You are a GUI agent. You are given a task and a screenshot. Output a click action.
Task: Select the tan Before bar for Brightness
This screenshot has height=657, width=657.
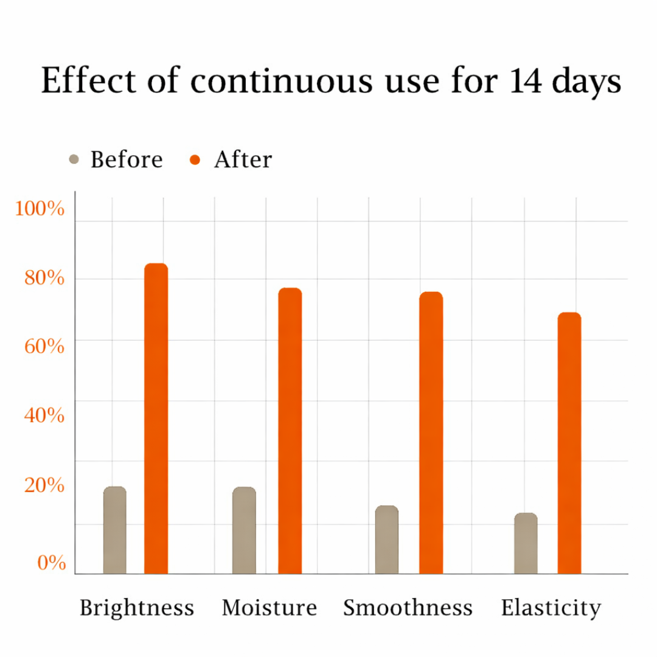pos(114,530)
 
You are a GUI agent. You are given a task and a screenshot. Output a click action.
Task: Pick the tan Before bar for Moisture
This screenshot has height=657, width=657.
pos(244,530)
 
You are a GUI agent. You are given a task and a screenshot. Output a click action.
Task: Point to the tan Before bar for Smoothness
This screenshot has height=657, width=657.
pos(386,540)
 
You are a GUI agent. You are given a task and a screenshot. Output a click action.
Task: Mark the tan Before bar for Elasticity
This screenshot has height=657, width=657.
pos(526,543)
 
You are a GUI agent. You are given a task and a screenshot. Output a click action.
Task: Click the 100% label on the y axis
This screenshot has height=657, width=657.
pos(40,209)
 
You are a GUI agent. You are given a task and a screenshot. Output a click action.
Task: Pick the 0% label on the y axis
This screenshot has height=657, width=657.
pos(51,563)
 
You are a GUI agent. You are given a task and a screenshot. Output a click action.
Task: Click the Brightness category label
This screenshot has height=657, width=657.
pos(137,608)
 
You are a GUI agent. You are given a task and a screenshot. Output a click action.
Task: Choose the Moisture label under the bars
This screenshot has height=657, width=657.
pos(269,608)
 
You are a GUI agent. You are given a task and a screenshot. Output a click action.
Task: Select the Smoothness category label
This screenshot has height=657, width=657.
pos(408,608)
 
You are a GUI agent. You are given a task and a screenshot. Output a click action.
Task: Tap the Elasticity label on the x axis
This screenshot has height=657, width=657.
pos(551,608)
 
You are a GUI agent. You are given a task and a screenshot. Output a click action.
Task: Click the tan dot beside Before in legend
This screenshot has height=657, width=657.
pos(74,159)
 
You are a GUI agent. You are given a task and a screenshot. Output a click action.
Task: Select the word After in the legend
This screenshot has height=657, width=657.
pos(243,159)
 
